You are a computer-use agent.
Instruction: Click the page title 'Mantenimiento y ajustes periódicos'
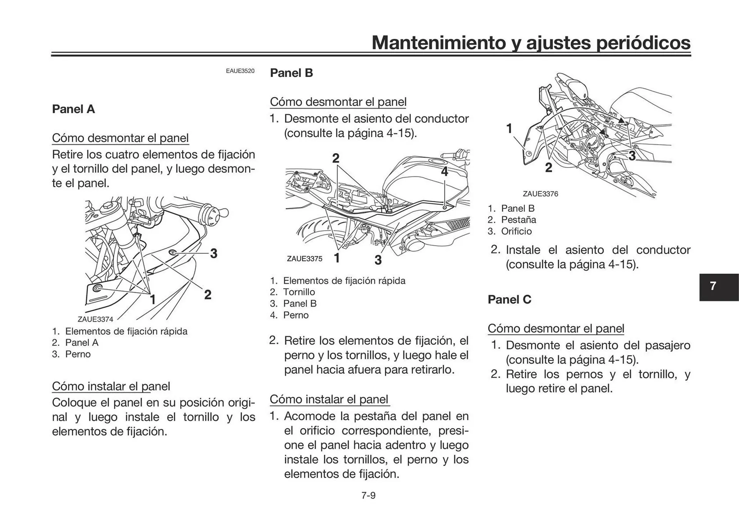click(531, 42)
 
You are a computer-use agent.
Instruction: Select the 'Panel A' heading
click(73, 109)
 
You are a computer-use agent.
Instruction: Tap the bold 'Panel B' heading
click(291, 73)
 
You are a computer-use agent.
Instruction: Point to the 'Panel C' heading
click(509, 299)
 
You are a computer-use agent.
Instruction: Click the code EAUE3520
click(240, 71)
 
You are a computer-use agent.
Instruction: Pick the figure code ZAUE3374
click(95, 319)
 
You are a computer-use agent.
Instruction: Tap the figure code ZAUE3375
click(304, 259)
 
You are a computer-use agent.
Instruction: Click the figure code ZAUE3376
click(540, 194)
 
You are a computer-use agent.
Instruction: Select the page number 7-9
click(368, 495)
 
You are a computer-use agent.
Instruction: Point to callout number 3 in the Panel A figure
click(214, 253)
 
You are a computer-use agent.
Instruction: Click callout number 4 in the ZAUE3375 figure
click(445, 171)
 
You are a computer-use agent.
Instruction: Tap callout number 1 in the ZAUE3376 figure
click(509, 128)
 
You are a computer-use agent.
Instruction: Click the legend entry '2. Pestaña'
click(512, 220)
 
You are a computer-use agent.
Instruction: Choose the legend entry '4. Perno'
click(289, 315)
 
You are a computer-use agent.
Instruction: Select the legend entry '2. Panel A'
click(75, 343)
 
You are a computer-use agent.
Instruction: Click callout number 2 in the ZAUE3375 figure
click(336, 158)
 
